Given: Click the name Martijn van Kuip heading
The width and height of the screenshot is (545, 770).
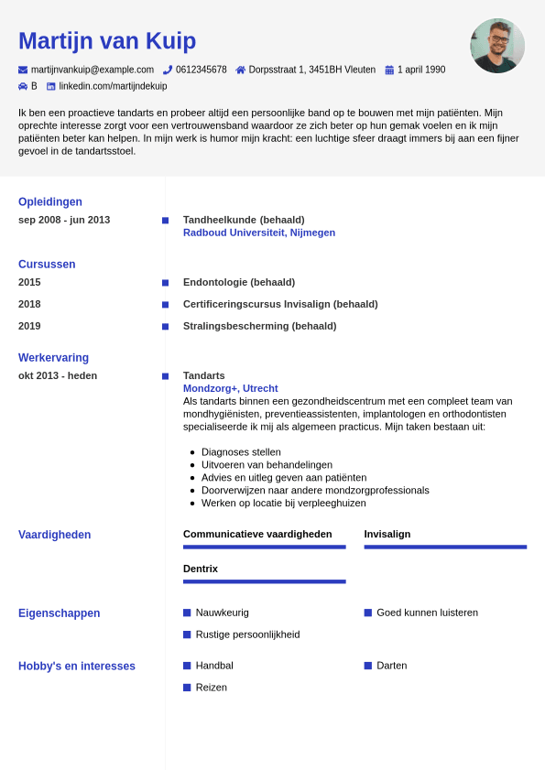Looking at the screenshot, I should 107,41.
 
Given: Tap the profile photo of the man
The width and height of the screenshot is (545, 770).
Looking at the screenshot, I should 497,46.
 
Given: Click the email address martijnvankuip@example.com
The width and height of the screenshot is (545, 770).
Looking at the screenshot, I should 93,70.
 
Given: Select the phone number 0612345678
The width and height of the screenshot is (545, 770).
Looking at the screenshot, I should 202,70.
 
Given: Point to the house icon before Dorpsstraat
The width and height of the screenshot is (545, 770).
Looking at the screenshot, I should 241,70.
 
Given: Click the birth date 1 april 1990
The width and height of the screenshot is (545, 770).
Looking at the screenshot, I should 421,70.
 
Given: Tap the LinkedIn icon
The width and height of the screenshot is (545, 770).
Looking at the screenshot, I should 51,86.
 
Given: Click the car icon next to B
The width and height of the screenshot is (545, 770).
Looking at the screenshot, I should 23,86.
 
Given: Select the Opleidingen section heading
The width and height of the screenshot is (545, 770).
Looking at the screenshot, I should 50,201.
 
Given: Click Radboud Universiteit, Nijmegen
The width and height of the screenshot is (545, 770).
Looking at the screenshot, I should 259,233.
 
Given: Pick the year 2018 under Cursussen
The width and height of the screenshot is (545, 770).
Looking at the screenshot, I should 29,304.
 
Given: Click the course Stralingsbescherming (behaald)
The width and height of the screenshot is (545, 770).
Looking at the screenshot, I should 259,326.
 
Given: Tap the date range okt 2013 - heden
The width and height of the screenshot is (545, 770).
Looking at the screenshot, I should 58,375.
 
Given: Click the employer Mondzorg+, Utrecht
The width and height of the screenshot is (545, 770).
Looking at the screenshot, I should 230,388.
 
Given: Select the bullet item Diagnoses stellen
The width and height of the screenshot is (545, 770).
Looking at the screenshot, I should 241,452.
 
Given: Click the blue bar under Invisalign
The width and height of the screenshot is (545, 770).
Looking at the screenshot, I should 445,547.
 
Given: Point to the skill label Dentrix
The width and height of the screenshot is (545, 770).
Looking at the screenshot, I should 201,569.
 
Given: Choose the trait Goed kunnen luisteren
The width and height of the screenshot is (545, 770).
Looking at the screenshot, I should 427,613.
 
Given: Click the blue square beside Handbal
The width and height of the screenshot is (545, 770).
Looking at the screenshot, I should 187,666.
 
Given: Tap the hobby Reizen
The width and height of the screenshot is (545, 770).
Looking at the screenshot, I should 211,688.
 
